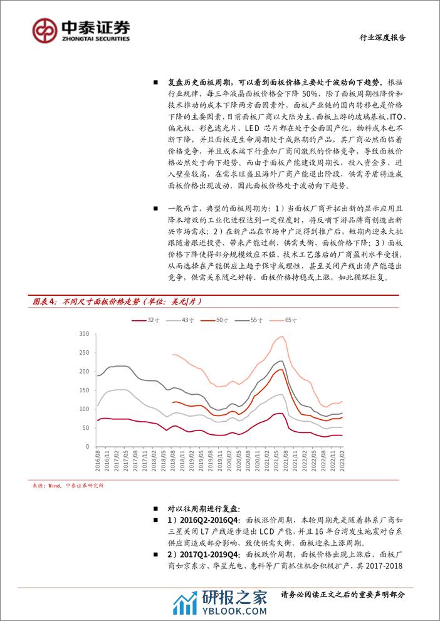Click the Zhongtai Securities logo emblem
tap(45, 29)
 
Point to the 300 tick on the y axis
tap(85, 334)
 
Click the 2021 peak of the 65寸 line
tap(282, 337)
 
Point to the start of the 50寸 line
tap(172, 402)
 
